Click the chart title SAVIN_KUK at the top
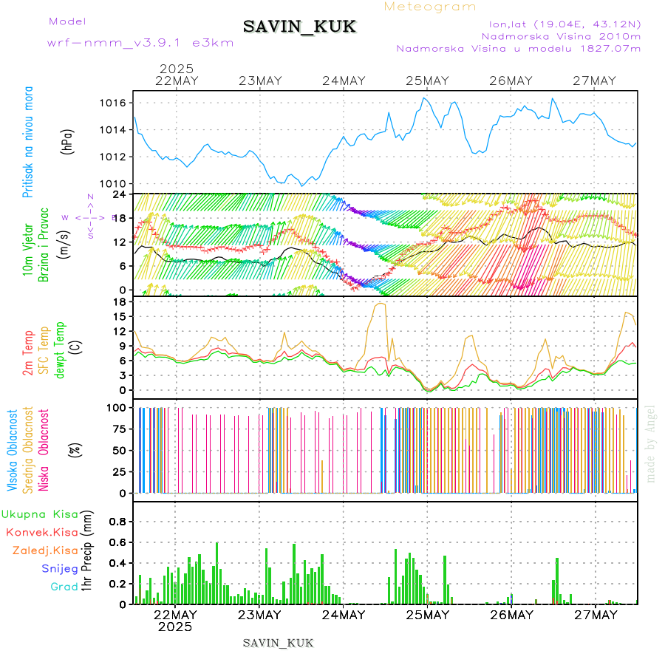tap(299, 27)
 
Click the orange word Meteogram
tap(431, 7)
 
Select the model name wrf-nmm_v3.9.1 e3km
tap(140, 42)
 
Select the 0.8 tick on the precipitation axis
tap(118, 521)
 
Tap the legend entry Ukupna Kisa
tap(39, 514)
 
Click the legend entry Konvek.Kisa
tap(42, 532)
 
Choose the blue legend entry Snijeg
tap(60, 568)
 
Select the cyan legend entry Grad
tap(64, 587)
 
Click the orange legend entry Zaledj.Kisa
tap(45, 550)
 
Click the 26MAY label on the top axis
tap(511, 81)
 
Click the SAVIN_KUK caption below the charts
tap(278, 643)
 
